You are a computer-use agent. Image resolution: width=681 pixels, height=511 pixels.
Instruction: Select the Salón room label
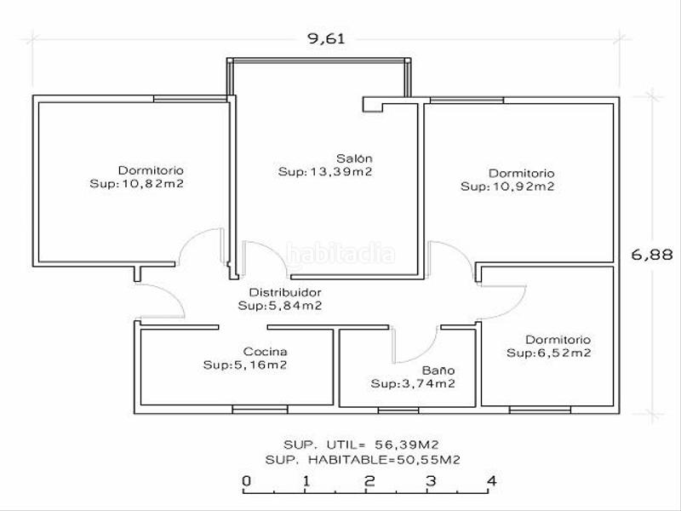coord(354,158)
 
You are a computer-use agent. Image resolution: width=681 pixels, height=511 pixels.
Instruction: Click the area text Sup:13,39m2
coord(326,172)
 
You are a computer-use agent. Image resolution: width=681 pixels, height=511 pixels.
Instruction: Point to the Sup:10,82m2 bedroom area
coord(138,184)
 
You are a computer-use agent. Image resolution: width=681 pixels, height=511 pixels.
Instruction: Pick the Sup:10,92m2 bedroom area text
coord(507,187)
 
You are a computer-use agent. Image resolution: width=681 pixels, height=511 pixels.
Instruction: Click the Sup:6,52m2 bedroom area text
coord(549,353)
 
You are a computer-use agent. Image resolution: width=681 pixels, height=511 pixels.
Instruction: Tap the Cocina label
coord(265,352)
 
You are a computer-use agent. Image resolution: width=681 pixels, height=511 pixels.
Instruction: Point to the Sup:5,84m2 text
coord(280,306)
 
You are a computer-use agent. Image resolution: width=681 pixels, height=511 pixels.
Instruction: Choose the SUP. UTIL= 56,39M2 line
coord(362,445)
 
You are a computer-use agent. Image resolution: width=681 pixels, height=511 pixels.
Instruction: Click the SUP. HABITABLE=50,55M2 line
coord(363,459)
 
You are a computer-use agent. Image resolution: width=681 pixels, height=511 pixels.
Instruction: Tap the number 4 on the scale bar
coord(491,481)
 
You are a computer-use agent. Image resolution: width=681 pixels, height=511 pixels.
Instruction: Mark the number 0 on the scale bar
coord(246,481)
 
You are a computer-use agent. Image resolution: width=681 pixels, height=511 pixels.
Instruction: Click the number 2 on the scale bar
coord(369,481)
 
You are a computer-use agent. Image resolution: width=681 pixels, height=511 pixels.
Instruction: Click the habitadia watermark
coord(340,254)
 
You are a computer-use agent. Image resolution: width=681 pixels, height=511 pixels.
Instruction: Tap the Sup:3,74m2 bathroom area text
coord(412,384)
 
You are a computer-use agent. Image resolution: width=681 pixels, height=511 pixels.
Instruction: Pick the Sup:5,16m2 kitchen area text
coord(244,365)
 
